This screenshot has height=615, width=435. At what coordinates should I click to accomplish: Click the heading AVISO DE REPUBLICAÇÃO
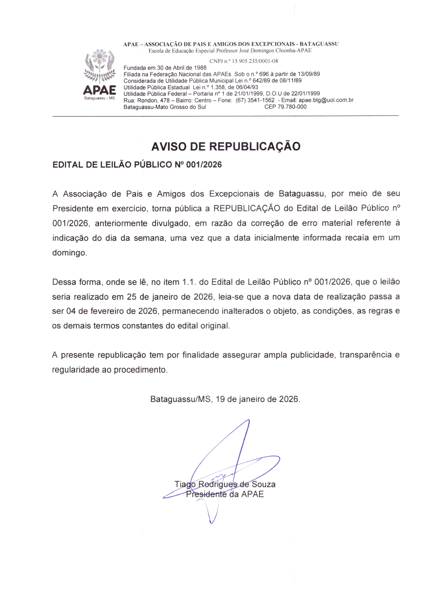226,146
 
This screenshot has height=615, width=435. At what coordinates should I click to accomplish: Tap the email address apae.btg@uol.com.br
326,100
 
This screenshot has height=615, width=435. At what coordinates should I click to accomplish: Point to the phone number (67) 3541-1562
255,100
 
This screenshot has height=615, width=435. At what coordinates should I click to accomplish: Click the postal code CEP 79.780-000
285,107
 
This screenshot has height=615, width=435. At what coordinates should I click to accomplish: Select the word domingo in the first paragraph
69,253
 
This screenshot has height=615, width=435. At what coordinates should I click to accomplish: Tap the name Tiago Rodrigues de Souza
225,484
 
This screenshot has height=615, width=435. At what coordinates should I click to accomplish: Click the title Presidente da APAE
225,494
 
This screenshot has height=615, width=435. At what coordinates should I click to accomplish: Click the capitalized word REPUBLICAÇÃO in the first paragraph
247,209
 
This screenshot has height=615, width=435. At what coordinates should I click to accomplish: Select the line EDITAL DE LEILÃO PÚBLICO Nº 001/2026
137,165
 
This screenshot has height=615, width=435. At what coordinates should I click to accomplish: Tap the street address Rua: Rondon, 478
146,100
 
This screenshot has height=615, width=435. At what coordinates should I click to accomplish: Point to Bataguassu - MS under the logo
100,98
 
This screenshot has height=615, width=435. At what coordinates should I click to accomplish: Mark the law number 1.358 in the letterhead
217,87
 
